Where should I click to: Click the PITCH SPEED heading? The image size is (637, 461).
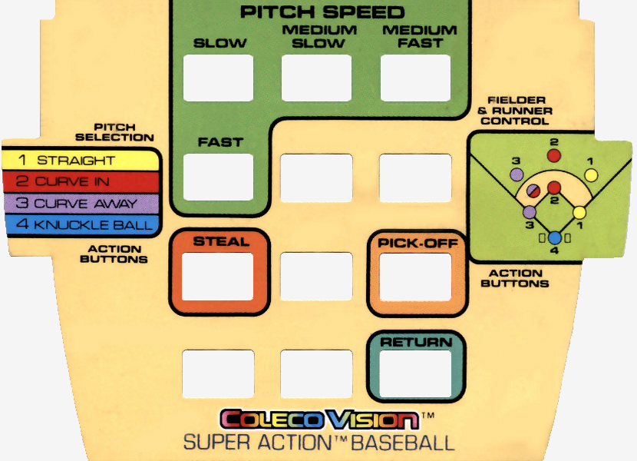322,12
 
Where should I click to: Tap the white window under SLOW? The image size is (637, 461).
219,78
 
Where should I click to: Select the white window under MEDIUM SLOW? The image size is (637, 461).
316,78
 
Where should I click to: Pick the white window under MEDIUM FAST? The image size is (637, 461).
415,78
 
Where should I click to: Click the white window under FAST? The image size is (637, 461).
219,177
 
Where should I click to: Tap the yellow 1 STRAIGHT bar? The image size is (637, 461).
81,161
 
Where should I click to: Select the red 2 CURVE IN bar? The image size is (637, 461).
81,182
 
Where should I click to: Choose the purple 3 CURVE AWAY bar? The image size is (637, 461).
81,204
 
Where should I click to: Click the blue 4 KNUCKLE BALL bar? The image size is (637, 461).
81,225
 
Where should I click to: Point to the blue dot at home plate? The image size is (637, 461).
555,238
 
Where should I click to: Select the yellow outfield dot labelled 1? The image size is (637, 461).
591,174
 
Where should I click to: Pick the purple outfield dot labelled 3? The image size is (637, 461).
517,174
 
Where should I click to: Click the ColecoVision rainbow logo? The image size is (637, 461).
319,420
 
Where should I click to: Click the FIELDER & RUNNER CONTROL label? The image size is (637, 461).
516,111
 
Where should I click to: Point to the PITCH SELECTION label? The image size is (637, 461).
124,132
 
